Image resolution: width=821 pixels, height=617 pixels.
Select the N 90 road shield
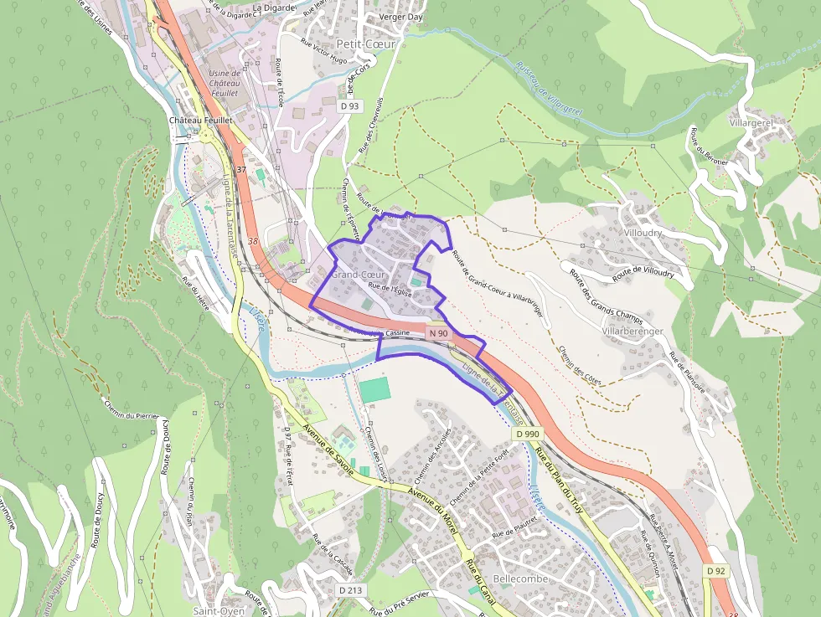439,333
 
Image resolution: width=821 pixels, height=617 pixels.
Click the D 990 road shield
529,434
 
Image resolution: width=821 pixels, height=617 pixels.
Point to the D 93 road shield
350,106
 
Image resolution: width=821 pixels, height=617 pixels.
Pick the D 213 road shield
352,590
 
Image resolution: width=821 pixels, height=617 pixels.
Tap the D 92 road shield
715,570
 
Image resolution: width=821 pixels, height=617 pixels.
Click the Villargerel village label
751,122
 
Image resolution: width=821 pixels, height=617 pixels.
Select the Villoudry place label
643,233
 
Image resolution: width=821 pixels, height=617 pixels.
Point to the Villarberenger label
632,332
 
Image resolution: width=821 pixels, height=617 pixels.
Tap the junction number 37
241,170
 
